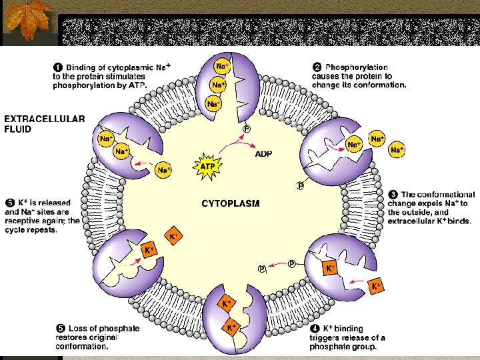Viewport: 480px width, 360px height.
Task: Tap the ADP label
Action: [263, 153]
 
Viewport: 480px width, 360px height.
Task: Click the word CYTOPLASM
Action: [230, 204]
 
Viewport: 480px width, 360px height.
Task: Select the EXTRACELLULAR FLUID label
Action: [45, 124]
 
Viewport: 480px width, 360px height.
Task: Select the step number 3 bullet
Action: [393, 195]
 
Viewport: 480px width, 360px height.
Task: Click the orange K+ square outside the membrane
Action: [376, 286]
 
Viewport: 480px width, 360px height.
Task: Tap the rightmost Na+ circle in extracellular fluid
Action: [398, 150]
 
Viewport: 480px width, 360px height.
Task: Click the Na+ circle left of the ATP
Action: [163, 171]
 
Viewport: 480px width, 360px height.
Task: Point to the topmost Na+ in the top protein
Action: [222, 67]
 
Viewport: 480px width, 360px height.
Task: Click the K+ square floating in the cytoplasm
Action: [173, 237]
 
